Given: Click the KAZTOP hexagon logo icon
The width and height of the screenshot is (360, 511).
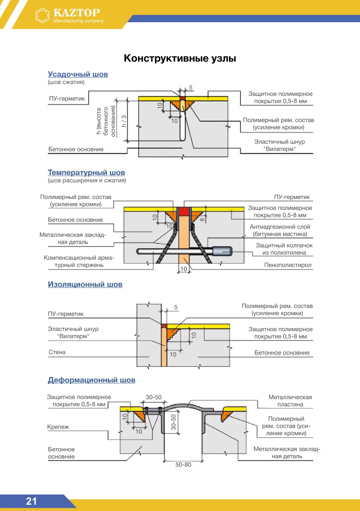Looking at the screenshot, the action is click(43, 16).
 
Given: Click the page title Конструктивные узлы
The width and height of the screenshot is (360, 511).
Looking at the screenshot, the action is click(180, 59).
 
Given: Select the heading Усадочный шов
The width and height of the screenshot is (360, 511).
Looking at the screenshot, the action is click(78, 75).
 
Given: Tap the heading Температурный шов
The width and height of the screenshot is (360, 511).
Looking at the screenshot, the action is click(86, 173).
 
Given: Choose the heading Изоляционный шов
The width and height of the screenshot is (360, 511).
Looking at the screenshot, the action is click(85, 284).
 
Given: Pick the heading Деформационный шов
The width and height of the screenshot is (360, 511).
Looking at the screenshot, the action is click(92, 380).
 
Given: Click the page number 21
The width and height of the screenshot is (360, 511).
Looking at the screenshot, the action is click(31, 501).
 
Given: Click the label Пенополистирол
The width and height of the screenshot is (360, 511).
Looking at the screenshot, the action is click(288, 265).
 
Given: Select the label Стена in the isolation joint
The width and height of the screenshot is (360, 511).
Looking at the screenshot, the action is click(57, 352).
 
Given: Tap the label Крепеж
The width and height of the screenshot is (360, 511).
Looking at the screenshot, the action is click(58, 427).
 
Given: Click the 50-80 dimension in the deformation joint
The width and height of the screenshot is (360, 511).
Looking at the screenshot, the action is click(183, 465).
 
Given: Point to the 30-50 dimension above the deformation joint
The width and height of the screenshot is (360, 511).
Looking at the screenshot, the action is click(154, 397).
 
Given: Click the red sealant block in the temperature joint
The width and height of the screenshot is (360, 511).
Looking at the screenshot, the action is click(184, 211).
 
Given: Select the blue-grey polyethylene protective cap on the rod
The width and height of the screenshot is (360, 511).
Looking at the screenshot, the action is click(222, 251).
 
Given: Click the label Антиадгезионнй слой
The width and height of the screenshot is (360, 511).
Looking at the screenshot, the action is click(280, 227).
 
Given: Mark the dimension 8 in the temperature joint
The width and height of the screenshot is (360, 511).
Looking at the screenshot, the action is click(202, 220).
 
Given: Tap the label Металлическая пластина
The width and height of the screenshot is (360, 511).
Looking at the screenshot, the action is click(290, 401).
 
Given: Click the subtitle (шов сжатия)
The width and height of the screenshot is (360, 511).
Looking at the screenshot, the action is click(66, 82).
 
